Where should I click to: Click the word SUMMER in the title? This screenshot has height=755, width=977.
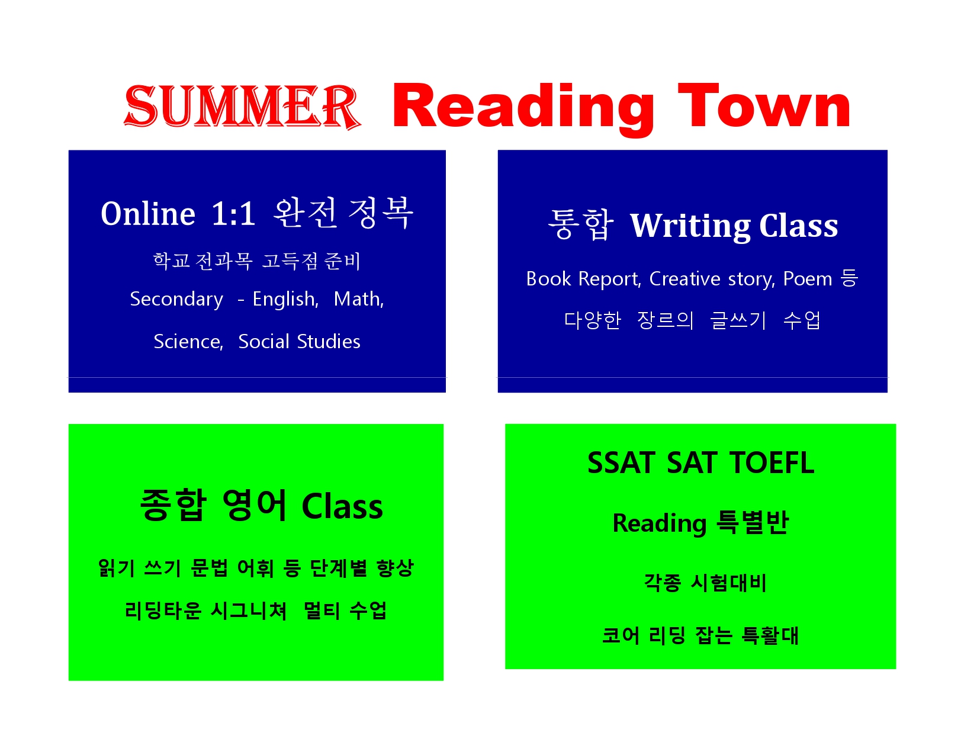point(242,107)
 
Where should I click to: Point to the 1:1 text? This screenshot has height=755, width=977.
point(233,213)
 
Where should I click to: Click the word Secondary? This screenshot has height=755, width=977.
point(176,300)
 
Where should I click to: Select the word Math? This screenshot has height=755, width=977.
point(359,298)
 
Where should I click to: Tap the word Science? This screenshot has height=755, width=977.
point(188,342)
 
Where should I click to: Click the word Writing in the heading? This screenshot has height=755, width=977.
point(690,226)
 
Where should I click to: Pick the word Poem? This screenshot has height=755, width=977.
point(808,279)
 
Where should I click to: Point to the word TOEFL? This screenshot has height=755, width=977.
point(772,462)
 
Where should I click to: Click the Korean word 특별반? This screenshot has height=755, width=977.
point(752,522)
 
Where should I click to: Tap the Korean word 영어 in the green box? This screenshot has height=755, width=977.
point(255,505)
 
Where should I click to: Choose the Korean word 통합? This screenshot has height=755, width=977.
point(581,224)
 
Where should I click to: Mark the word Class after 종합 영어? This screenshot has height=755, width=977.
point(342,506)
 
